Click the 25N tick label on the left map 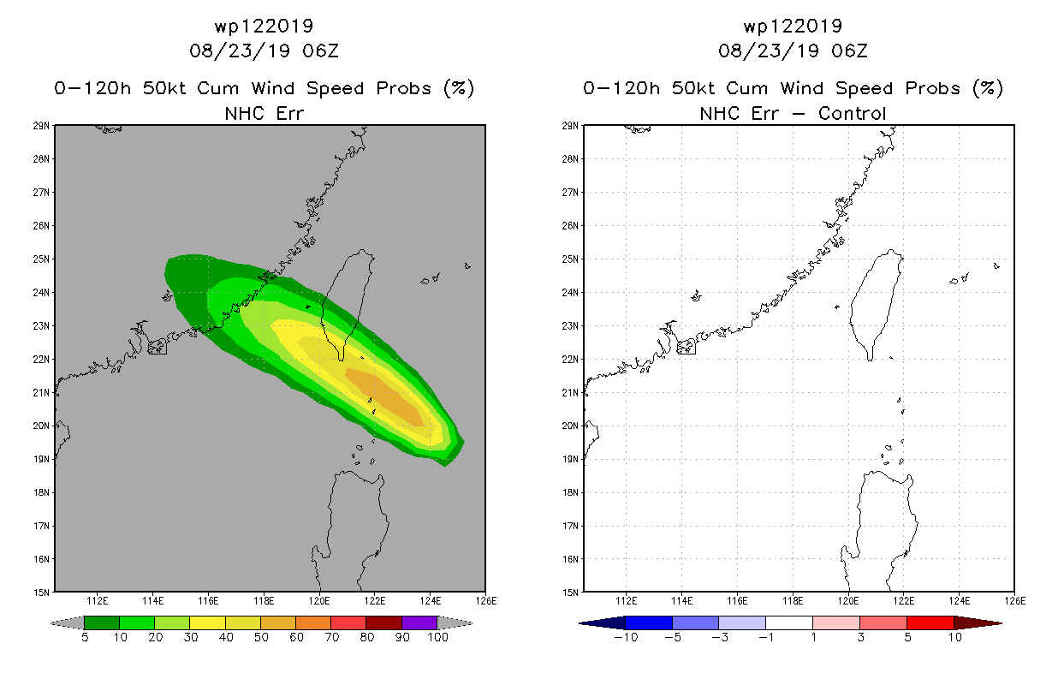[40, 259]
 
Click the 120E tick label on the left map [319, 601]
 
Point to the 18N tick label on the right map [569, 492]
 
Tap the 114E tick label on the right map [681, 601]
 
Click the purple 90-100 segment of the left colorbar [419, 622]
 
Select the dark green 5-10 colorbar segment [102, 622]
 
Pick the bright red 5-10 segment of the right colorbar [930, 622]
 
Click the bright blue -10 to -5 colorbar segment [649, 622]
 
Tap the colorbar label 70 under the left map [331, 637]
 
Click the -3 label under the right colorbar [719, 637]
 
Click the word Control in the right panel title [852, 113]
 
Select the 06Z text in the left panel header [321, 51]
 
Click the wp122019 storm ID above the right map [793, 26]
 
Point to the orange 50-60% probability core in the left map [385, 396]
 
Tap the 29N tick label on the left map [40, 126]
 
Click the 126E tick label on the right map [1015, 601]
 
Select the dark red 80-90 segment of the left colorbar [384, 622]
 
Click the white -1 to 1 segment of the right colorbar [789, 622]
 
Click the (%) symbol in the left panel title [459, 88]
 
